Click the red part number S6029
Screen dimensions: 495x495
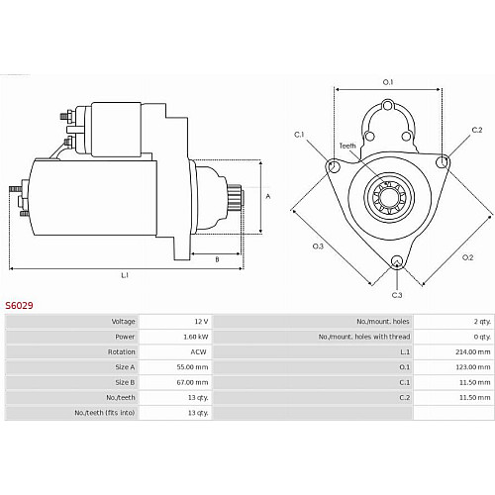point(19,305)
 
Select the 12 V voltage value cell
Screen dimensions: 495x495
point(201,322)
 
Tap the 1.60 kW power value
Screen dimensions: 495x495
point(196,337)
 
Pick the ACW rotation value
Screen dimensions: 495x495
point(198,351)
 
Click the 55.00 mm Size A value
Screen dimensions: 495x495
point(192,367)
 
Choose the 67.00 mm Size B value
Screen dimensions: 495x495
point(192,382)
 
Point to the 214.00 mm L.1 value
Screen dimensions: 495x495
point(473,351)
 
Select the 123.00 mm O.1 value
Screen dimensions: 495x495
point(473,367)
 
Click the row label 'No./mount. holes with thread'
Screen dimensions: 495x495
point(364,337)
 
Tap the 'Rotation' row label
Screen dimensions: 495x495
point(122,351)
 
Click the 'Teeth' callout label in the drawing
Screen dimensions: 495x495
point(347,146)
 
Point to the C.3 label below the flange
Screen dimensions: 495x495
point(397,295)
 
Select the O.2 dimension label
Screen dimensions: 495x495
point(467,257)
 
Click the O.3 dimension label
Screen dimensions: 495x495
point(318,246)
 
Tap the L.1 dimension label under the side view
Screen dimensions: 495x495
point(125,275)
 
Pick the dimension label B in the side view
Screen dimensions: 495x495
point(217,259)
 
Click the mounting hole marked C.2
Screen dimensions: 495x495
point(442,162)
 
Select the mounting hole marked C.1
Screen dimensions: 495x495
point(334,166)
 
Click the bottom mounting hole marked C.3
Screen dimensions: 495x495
point(397,262)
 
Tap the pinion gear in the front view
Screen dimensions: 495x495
point(389,198)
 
